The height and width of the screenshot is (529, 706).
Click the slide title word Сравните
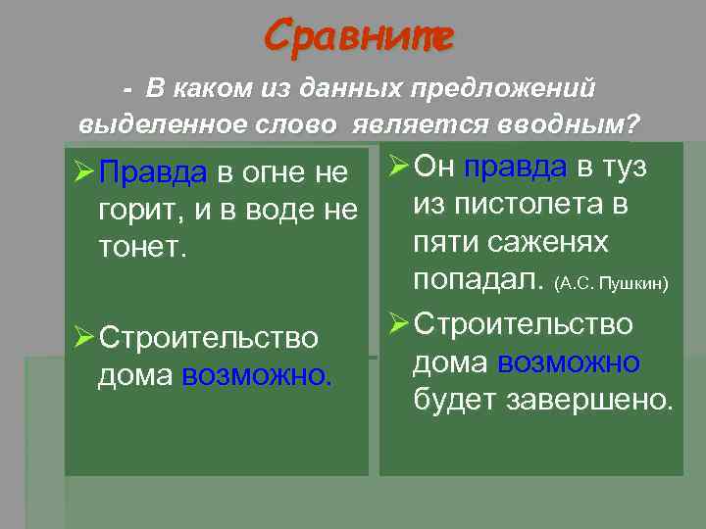(x=358, y=38)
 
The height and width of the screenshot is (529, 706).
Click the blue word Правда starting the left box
(x=153, y=173)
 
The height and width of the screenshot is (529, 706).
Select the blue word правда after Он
(x=516, y=167)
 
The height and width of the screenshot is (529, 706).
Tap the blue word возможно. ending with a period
(x=258, y=374)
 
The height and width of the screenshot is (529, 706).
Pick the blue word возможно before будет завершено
(x=569, y=362)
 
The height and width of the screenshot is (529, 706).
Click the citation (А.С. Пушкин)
(x=611, y=284)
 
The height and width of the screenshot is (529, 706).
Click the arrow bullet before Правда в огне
(x=84, y=174)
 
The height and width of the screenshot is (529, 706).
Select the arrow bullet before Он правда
(x=399, y=168)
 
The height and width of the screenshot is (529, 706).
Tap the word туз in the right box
(x=624, y=167)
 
